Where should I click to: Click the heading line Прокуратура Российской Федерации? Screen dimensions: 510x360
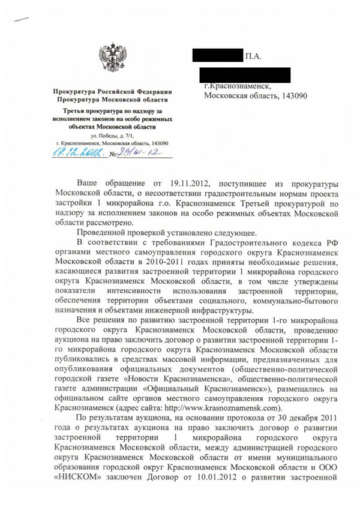tap(112, 91)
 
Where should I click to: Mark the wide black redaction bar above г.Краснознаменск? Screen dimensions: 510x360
tap(247, 75)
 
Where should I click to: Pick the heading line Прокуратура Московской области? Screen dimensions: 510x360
tap(112, 100)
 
